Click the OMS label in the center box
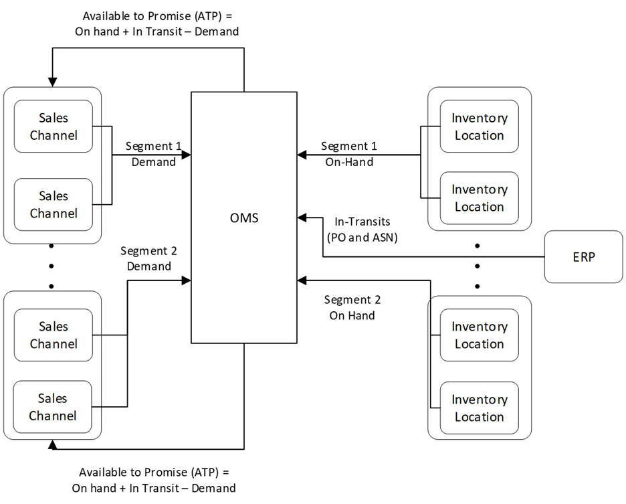[x=244, y=218]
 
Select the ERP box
[x=583, y=257]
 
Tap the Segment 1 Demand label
[x=153, y=153]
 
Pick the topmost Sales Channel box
[x=54, y=127]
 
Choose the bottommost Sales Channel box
[x=54, y=407]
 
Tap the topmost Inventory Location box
[x=479, y=127]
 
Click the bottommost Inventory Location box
[x=479, y=408]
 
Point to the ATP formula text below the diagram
[x=154, y=480]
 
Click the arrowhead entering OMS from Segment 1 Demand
[x=187, y=155]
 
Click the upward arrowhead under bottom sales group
[x=53, y=444]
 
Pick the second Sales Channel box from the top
[x=54, y=205]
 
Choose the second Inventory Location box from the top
[x=479, y=198]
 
